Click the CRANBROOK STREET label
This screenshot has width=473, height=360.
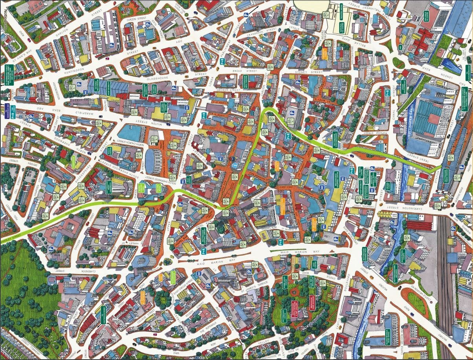click(266, 29)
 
